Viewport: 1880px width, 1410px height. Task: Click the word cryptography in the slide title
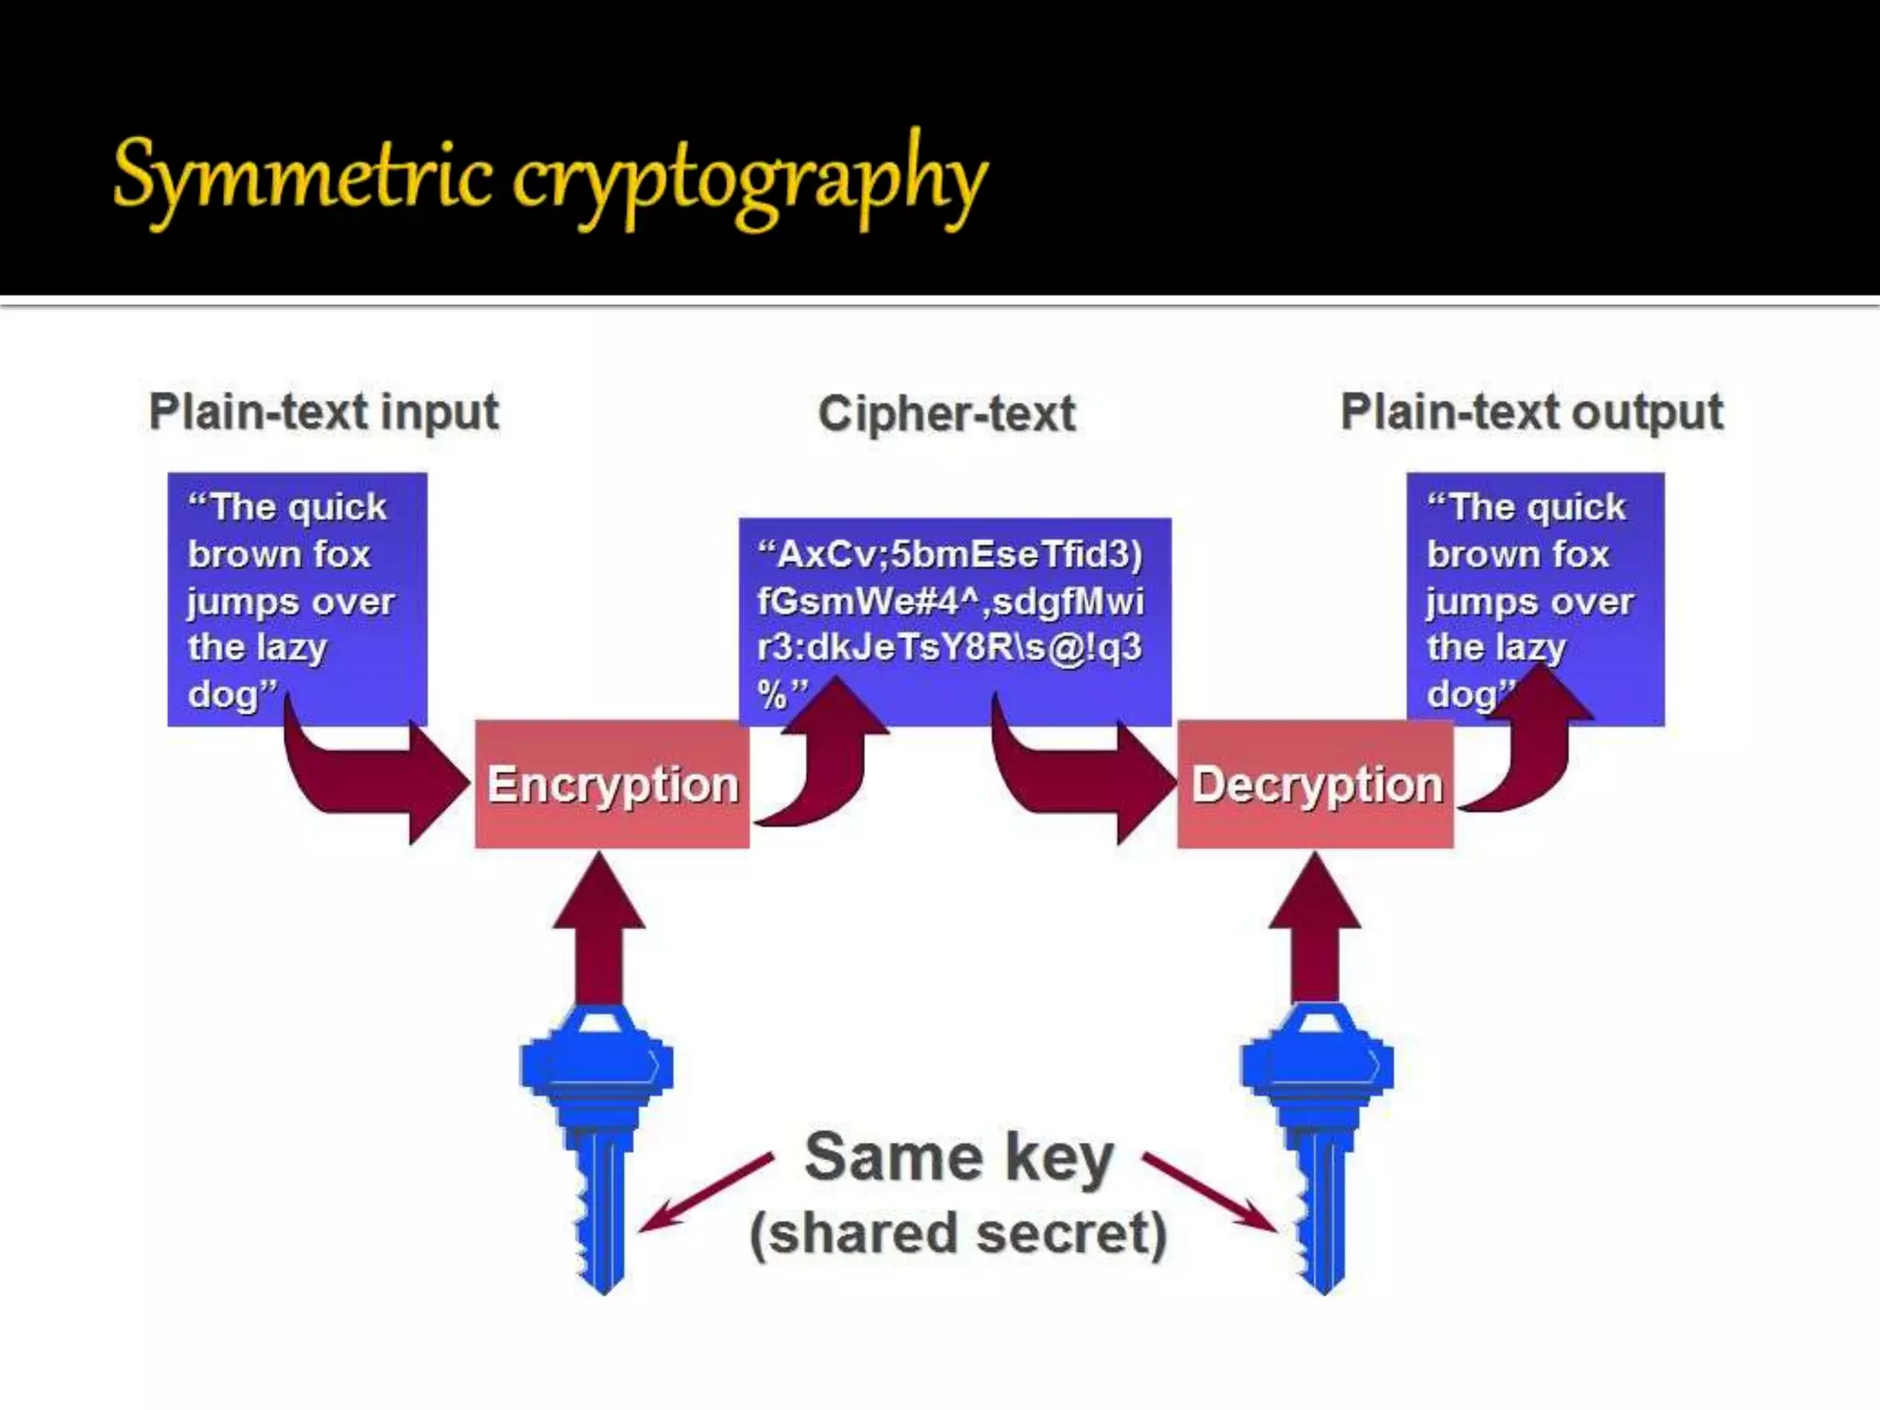tap(748, 179)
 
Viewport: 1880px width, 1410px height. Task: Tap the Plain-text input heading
tap(324, 411)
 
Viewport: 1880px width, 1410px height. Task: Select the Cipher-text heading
tap(946, 414)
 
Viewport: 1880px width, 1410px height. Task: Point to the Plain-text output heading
tap(1531, 411)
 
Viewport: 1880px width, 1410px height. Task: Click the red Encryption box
tap(612, 785)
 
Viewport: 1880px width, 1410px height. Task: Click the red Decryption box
tap(1315, 785)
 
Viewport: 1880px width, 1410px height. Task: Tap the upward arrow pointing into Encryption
tap(599, 927)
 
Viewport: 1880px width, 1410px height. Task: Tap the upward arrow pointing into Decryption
tap(1315, 927)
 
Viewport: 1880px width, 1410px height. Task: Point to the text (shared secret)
tap(958, 1233)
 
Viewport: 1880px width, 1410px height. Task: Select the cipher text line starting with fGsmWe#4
tap(950, 601)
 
